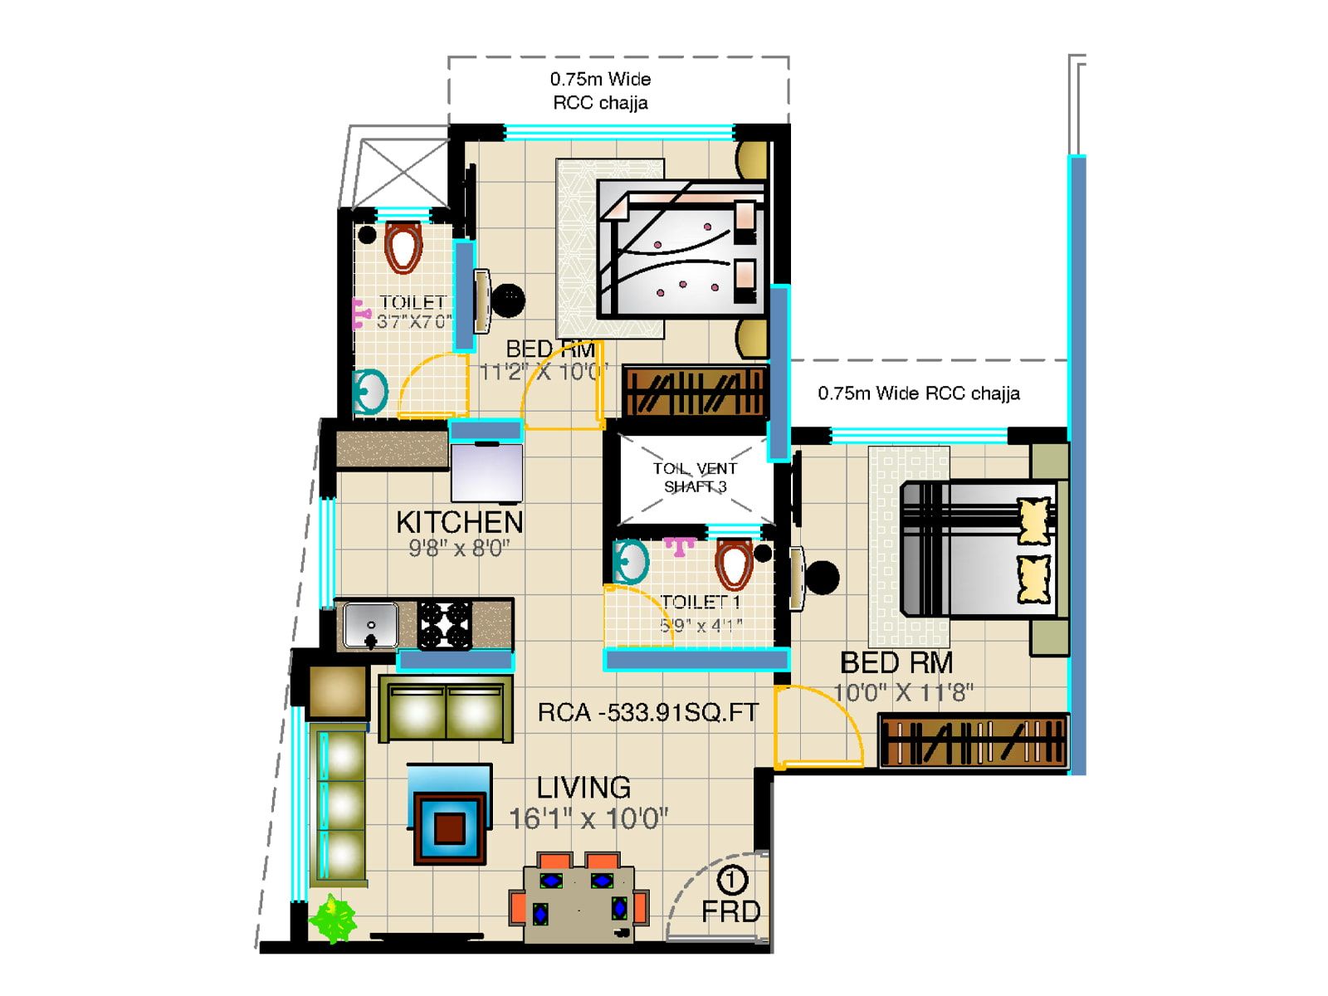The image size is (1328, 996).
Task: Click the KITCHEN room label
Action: tap(459, 522)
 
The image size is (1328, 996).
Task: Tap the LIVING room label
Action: tap(583, 787)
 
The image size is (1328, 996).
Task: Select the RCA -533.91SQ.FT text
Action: tap(647, 712)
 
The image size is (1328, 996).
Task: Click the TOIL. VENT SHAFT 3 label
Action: tap(695, 477)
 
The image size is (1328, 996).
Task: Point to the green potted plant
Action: tap(333, 918)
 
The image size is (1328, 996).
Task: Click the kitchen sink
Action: tap(370, 625)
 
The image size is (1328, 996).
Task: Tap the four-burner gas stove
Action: tap(444, 625)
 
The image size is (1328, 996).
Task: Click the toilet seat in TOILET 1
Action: tap(733, 564)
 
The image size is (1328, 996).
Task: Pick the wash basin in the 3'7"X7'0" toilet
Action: tap(370, 391)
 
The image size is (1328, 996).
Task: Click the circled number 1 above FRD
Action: tap(731, 879)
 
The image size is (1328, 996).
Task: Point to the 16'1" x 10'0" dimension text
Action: tap(588, 819)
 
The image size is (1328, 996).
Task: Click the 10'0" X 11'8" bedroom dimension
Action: tap(903, 692)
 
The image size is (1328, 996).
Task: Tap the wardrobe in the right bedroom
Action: tap(973, 741)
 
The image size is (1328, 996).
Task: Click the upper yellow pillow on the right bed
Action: tap(1034, 520)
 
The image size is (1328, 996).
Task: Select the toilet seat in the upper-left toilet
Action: tap(403, 247)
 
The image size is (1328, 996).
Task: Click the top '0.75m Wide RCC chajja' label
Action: tap(600, 90)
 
